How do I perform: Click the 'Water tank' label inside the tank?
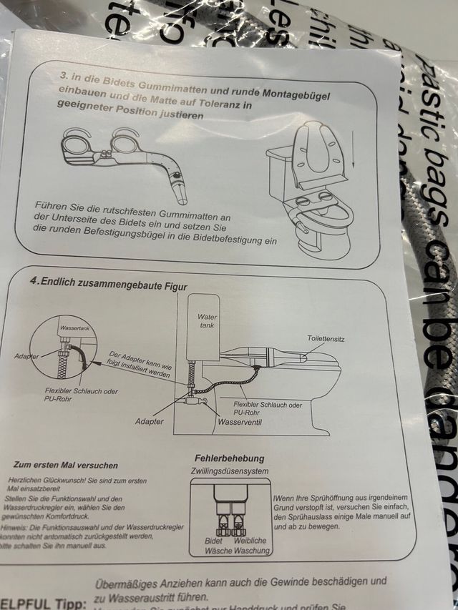(x=207, y=320)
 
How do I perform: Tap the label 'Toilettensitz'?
(x=326, y=339)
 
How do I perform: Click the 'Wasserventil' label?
(x=242, y=423)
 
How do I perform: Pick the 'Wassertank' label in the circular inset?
(x=74, y=328)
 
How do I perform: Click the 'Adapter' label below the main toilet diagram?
(x=149, y=421)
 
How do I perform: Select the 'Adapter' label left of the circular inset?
(x=27, y=355)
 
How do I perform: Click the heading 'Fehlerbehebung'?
(x=229, y=458)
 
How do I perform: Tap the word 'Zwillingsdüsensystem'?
(x=229, y=471)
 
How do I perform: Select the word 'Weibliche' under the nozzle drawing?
(x=250, y=541)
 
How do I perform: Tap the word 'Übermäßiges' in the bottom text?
(x=127, y=584)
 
